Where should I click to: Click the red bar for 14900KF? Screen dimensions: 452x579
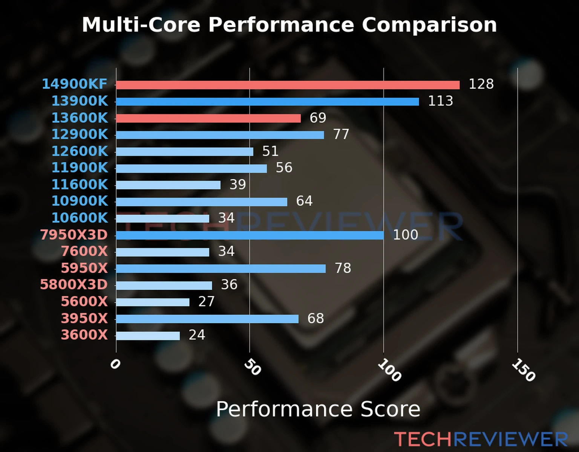[x=288, y=85]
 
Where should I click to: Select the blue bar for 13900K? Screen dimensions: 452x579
[x=267, y=102]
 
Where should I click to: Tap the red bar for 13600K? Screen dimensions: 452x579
[x=208, y=118]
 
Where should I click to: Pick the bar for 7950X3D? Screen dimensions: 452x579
[x=250, y=235]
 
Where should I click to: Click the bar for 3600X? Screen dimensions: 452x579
[x=148, y=336]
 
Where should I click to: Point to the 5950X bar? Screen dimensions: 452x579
[x=221, y=269]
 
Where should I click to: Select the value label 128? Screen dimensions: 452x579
[x=481, y=84]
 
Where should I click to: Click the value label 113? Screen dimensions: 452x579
[x=440, y=101]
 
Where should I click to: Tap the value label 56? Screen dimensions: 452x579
[x=284, y=168]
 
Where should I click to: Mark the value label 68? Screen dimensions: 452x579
[x=316, y=319]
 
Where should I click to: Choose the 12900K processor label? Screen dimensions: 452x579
[x=80, y=134]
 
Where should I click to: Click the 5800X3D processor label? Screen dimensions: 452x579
[x=74, y=285]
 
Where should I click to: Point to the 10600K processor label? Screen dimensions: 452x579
[x=80, y=218]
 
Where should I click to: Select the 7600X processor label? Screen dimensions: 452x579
[x=84, y=251]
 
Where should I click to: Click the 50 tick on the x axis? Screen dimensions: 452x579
[x=252, y=367]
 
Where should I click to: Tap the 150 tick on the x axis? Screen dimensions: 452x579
[x=523, y=370]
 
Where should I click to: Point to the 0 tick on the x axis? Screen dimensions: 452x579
[x=115, y=364]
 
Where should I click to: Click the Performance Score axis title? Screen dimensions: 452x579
[x=318, y=409]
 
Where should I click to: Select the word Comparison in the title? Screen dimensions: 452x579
[x=429, y=25]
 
